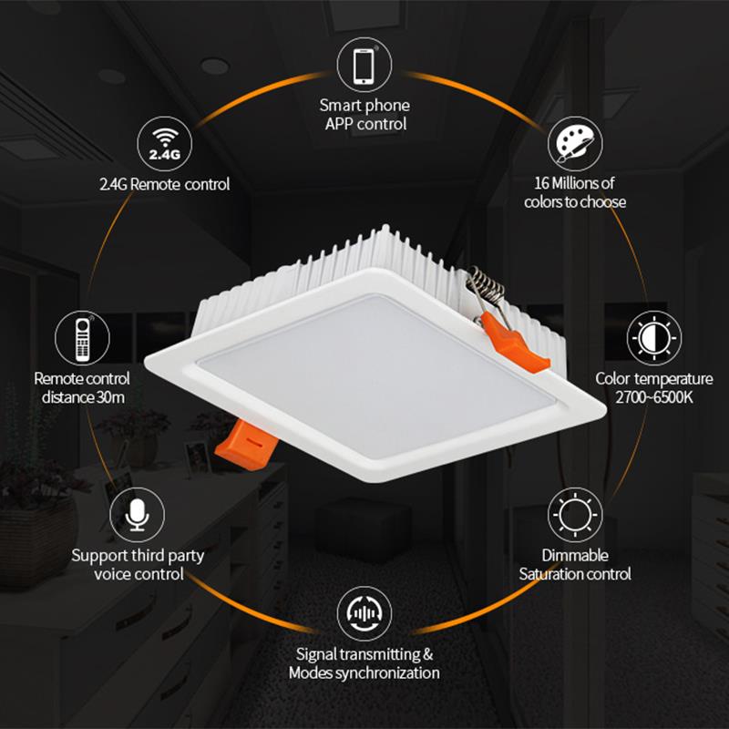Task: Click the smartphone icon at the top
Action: click(364, 65)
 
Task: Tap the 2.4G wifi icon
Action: click(164, 144)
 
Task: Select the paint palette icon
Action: click(575, 144)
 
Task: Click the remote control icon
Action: click(82, 338)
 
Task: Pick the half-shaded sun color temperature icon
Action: click(653, 338)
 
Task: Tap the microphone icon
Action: click(138, 515)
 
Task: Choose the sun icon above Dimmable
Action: click(575, 515)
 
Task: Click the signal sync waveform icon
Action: click(364, 613)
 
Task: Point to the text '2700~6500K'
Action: click(653, 397)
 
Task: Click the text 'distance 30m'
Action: click(83, 397)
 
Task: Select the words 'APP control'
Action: click(366, 124)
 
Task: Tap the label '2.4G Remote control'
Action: click(165, 185)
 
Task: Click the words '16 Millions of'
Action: click(574, 183)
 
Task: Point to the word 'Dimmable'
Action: click(575, 555)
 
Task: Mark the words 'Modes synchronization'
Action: click(364, 673)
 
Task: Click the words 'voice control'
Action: click(139, 574)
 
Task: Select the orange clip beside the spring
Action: click(513, 342)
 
